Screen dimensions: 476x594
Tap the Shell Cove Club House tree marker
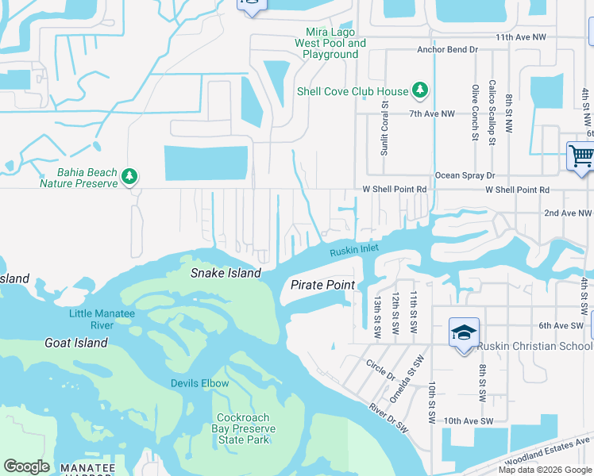coord(419,91)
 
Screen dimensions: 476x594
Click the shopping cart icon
coord(580,156)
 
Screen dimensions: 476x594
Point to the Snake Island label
coord(226,273)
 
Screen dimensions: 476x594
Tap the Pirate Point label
coord(322,285)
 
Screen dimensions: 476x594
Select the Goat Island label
coord(76,343)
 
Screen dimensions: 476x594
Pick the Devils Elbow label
coord(199,383)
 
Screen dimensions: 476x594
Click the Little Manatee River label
coord(102,319)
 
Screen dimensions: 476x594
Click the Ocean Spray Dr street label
coord(465,175)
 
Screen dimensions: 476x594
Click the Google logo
coord(26,466)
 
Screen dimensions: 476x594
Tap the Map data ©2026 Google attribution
coord(545,470)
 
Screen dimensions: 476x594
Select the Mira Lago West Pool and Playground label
coord(330,44)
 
